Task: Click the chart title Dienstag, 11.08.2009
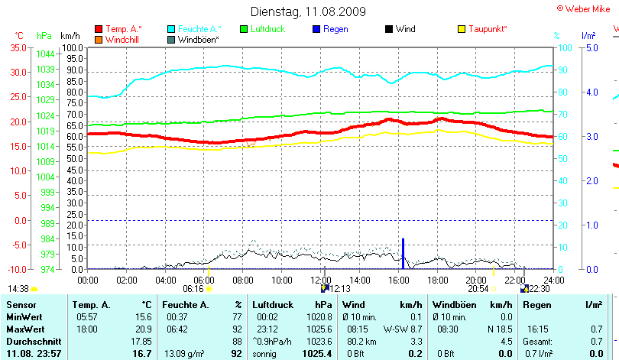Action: (309, 11)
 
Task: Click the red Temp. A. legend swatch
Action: (98, 29)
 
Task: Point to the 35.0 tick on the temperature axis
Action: (17, 47)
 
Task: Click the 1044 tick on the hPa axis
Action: (45, 54)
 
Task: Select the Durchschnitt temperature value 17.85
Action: (141, 341)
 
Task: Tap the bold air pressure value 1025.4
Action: (317, 354)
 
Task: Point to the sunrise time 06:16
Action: (193, 290)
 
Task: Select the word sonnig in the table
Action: (265, 354)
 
